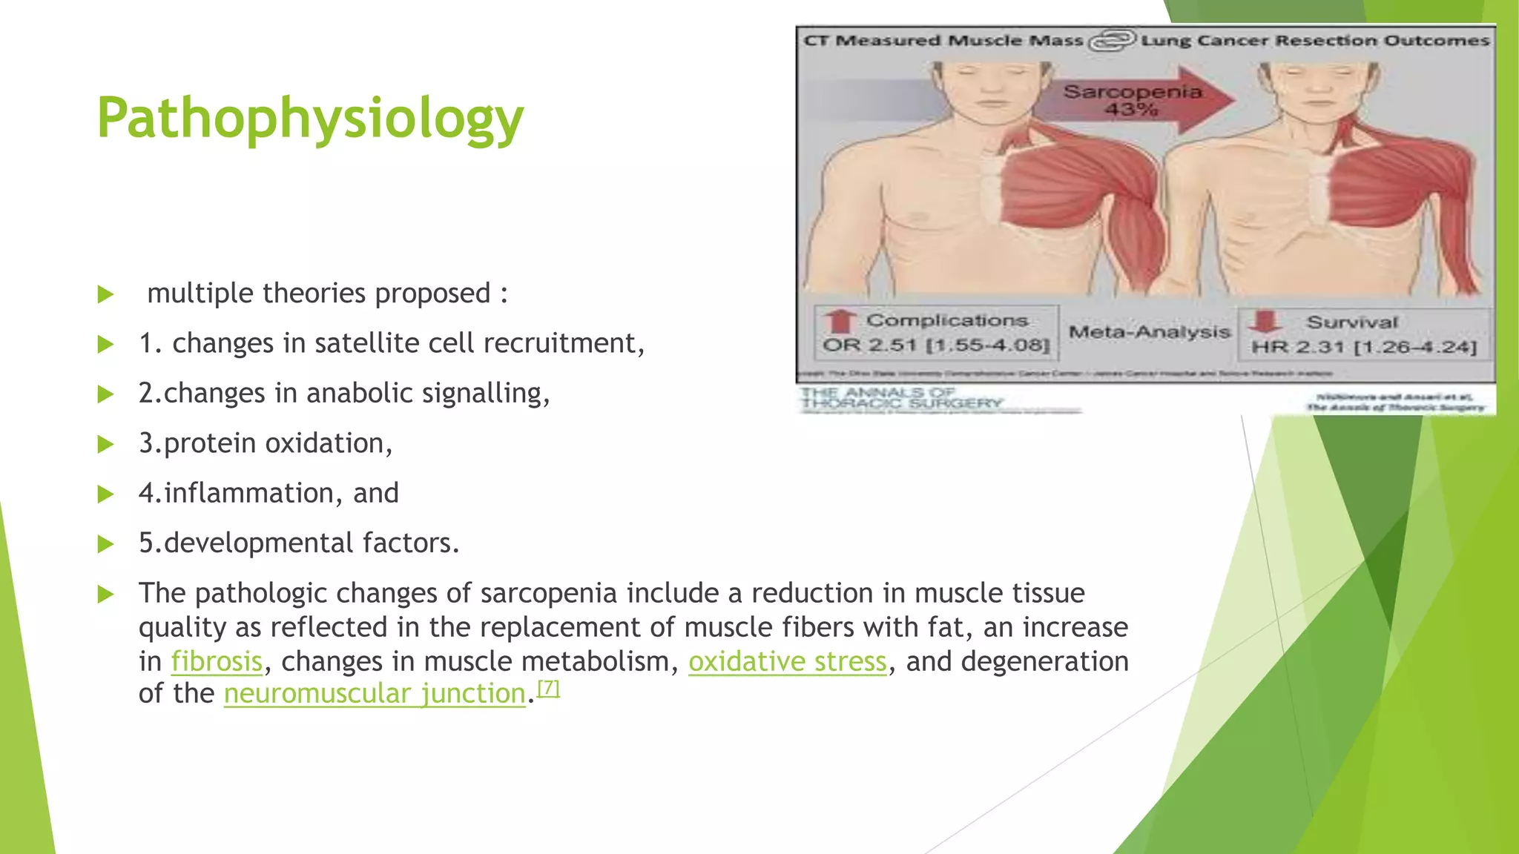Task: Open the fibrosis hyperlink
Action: (x=217, y=661)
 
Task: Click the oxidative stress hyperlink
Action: (x=787, y=661)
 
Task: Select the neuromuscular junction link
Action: (x=375, y=694)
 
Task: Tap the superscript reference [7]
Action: (x=548, y=688)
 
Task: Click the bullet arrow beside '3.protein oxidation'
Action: (x=105, y=444)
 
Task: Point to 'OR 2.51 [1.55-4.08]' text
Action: (x=936, y=345)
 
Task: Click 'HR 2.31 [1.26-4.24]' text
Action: (x=1363, y=347)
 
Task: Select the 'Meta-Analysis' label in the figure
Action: (x=1149, y=332)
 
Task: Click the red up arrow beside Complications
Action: (x=839, y=321)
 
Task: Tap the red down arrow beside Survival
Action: (x=1265, y=322)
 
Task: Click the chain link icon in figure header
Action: (x=1112, y=40)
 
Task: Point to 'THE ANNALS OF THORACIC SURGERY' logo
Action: (x=901, y=398)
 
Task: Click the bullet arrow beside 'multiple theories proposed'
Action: (x=105, y=294)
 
